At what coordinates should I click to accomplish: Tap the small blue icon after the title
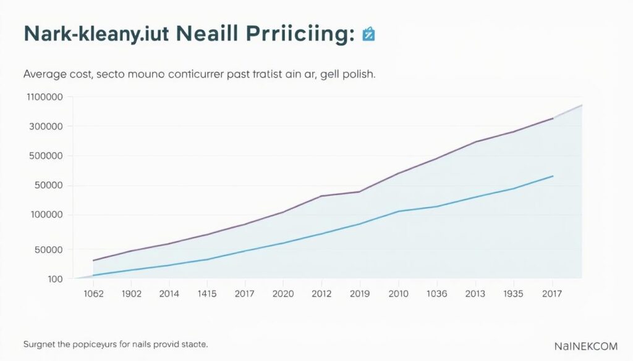pos(368,35)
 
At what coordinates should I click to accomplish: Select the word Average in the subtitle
pos(45,74)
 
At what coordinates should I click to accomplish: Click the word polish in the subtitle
pos(357,74)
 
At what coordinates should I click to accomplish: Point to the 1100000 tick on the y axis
pos(45,97)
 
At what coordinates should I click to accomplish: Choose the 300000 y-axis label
pos(46,127)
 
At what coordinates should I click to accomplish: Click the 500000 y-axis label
pos(46,156)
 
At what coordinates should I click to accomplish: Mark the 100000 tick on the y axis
pos(46,215)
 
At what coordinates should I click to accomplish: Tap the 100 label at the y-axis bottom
pos(55,279)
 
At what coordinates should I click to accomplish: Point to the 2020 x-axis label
pos(283,294)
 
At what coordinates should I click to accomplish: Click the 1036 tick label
pos(436,294)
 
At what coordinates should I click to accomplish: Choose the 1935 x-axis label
pos(513,294)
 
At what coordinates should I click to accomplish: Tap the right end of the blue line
pos(553,176)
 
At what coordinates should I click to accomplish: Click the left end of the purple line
pos(93,260)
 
